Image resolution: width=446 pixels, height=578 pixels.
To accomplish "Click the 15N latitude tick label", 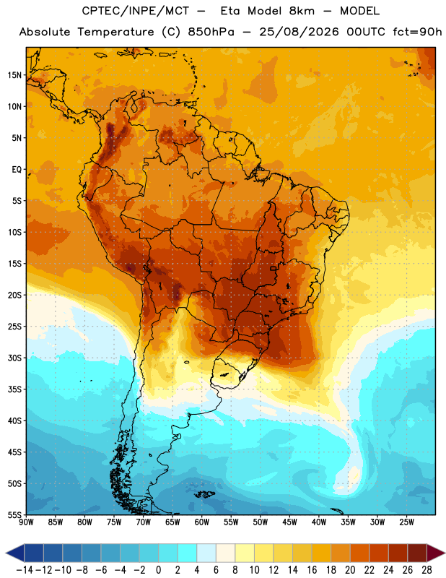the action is [14, 75].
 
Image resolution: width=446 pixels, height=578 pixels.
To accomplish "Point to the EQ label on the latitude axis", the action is [17, 170].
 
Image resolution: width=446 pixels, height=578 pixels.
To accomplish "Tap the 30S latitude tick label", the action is [14, 358].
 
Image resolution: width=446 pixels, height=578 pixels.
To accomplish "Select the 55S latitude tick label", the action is [14, 514].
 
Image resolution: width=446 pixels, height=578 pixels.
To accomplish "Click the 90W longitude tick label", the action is [27, 522].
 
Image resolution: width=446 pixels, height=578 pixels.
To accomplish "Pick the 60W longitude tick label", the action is [202, 522].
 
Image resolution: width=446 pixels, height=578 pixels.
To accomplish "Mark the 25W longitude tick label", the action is [406, 522].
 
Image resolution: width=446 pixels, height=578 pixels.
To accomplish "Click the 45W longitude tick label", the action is [290, 522].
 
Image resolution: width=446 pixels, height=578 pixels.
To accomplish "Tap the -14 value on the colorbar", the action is [25, 570].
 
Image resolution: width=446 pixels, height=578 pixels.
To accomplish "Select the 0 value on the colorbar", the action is [158, 570].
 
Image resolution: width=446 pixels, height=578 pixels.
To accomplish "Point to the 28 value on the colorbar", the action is [427, 570].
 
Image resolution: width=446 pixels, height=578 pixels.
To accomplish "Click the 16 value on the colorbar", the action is [312, 570].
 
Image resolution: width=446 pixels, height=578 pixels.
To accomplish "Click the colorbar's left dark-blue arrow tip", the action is [6, 553].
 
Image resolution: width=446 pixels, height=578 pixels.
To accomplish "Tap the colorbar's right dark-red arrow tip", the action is [445, 553].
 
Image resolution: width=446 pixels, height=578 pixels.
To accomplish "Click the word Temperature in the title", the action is [115, 32].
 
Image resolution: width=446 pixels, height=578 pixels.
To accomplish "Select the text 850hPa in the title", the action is [211, 32].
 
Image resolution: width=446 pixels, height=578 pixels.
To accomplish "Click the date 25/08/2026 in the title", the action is [299, 32].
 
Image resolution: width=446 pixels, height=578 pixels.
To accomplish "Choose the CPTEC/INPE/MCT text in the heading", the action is [136, 11].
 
